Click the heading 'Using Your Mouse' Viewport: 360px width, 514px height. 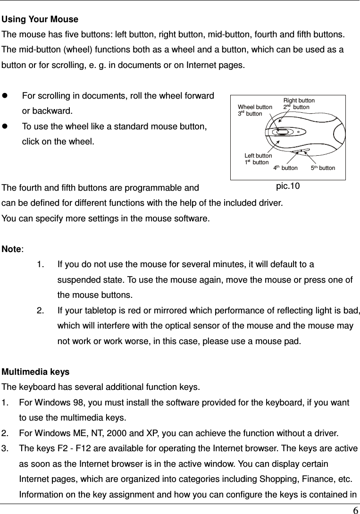pos(40,19)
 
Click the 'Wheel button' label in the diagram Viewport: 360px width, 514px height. pos(255,107)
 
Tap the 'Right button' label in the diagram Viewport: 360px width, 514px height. pos(299,101)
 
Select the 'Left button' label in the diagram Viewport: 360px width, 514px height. pos(258,156)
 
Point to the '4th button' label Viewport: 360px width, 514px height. pos(285,168)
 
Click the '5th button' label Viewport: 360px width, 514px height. pos(323,168)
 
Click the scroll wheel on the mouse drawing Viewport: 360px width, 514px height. pos(282,132)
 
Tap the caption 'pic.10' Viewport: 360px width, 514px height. pos(288,186)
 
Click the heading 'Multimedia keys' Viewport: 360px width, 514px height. pos(36,371)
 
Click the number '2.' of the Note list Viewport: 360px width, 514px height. pos(40,310)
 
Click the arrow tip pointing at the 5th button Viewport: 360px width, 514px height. pos(302,152)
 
